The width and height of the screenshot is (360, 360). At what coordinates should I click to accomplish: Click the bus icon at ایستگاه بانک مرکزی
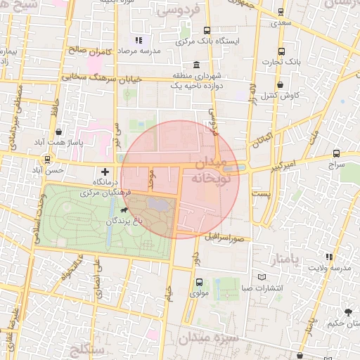(x=207, y=30)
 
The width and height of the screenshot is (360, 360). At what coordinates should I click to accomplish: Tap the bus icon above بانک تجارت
(x=281, y=52)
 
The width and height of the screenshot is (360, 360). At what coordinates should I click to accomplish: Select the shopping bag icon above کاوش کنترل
(x=281, y=84)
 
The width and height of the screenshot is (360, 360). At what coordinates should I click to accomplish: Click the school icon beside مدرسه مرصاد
(x=139, y=41)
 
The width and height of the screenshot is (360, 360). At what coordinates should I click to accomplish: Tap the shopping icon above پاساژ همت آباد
(x=58, y=131)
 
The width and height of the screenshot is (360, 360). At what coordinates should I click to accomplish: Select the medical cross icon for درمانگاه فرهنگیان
(x=105, y=171)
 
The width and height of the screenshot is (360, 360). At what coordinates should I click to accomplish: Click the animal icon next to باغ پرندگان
(x=124, y=210)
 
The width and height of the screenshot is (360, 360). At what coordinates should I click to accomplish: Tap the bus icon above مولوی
(x=197, y=283)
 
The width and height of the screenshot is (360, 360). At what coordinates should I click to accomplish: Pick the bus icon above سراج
(x=336, y=153)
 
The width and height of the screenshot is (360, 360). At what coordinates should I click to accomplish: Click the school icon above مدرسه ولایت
(x=329, y=257)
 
